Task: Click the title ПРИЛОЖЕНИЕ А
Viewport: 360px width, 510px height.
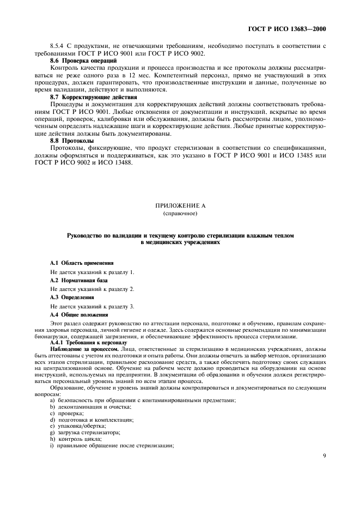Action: click(x=180, y=205)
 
